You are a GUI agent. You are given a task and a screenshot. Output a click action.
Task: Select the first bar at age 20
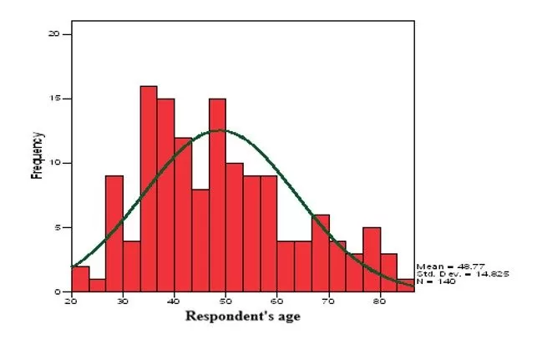pyautogui.click(x=80, y=279)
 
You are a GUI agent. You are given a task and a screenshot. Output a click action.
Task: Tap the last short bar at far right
pyautogui.click(x=406, y=285)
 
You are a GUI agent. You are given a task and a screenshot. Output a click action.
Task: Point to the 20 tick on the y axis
pyautogui.click(x=55, y=34)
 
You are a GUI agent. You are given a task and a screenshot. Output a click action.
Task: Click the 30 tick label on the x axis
pyautogui.click(x=123, y=300)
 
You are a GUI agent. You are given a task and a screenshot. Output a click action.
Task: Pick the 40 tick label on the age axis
pyautogui.click(x=175, y=300)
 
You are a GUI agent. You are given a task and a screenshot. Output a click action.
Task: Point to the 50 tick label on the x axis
pyautogui.click(x=225, y=300)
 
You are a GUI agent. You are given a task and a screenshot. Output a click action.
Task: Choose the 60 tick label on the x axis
pyautogui.click(x=277, y=300)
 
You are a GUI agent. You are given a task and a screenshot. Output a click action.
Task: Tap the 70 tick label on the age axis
pyautogui.click(x=328, y=300)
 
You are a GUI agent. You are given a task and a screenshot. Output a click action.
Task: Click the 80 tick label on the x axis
pyautogui.click(x=380, y=300)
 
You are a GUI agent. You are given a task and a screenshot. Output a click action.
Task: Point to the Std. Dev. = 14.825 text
pyautogui.click(x=462, y=274)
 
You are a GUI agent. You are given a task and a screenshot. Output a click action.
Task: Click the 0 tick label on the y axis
pyautogui.click(x=57, y=292)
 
